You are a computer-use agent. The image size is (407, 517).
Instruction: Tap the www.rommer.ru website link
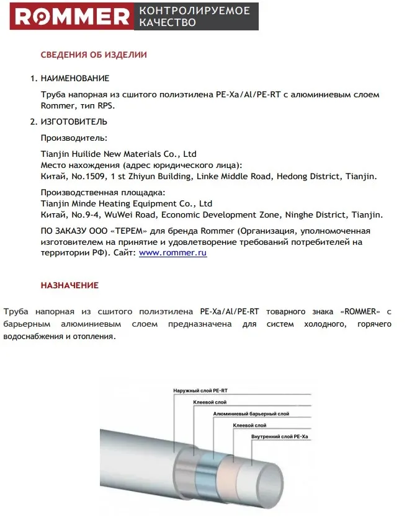[172, 253]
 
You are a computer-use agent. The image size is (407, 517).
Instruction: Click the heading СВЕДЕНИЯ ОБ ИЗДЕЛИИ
[94, 55]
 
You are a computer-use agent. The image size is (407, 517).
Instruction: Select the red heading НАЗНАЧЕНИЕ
[69, 286]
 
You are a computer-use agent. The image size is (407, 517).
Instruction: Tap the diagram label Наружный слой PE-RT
[196, 391]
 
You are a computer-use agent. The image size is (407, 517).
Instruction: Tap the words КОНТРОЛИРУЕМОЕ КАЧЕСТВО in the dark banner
[194, 16]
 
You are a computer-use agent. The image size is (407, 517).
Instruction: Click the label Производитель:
[74, 138]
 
